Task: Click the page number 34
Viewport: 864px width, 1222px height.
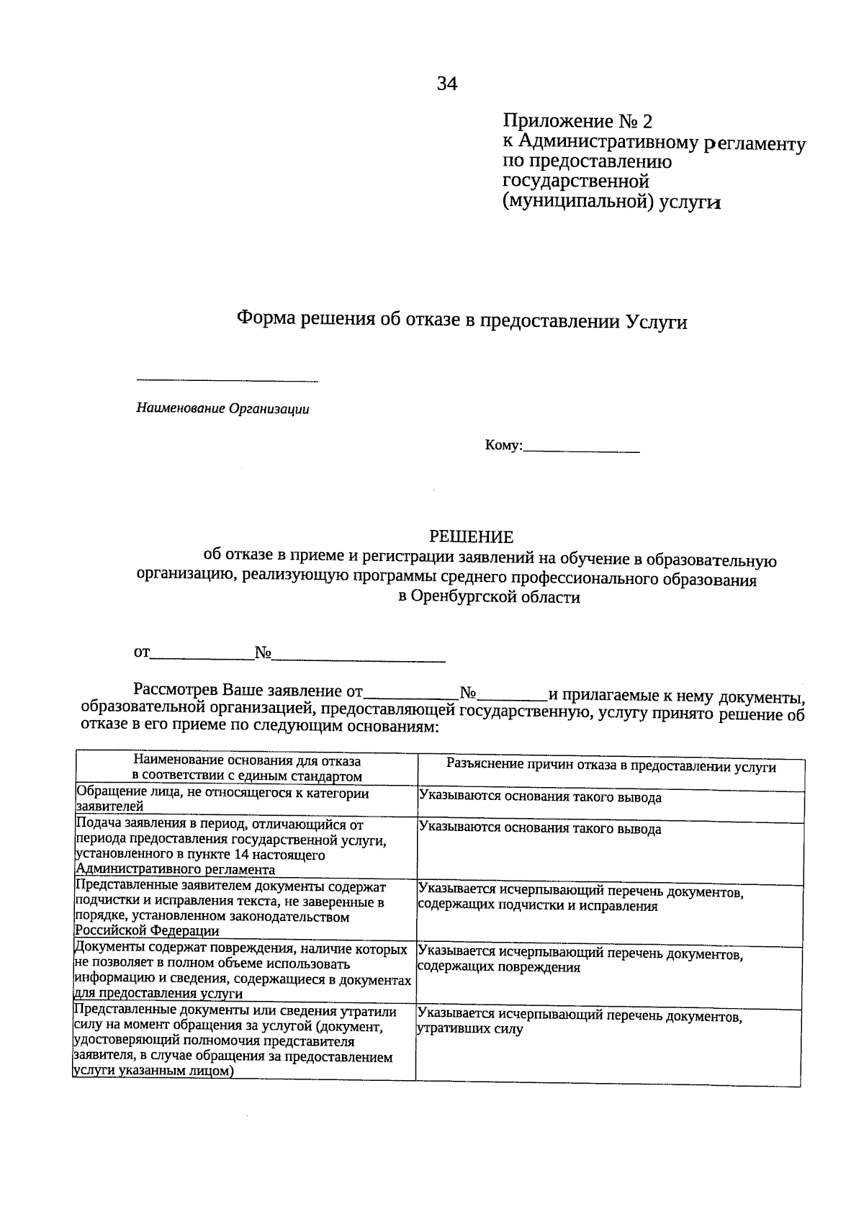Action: click(446, 85)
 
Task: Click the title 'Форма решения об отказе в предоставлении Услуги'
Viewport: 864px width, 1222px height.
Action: click(462, 320)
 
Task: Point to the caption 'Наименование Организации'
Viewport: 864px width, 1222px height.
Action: click(223, 409)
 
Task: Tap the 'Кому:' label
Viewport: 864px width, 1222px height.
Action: click(503, 446)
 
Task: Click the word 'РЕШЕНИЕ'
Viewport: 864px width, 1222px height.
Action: click(471, 536)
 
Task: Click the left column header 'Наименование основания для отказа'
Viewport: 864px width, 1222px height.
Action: click(246, 761)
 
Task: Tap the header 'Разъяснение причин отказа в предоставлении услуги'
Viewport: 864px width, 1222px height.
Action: click(611, 767)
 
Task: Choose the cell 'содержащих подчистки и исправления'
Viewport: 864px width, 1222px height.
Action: click(537, 906)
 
